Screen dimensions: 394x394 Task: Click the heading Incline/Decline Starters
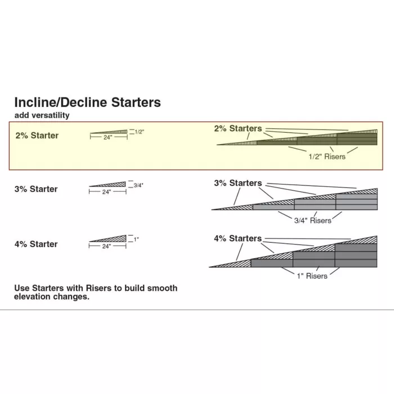pyautogui.click(x=87, y=102)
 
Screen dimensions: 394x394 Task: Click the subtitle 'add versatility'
pyautogui.click(x=42, y=115)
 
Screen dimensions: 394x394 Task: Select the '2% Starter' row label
pyautogui.click(x=37, y=136)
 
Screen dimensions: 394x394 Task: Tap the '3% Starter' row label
pyautogui.click(x=36, y=189)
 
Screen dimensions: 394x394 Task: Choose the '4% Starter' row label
pyautogui.click(x=36, y=244)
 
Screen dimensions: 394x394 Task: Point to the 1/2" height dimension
pyautogui.click(x=140, y=131)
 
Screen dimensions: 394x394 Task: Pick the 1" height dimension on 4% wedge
pyautogui.click(x=136, y=240)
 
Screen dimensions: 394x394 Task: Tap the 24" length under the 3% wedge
pyautogui.click(x=106, y=192)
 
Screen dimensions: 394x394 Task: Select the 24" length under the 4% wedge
pyautogui.click(x=106, y=246)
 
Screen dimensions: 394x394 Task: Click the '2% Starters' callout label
pyautogui.click(x=238, y=129)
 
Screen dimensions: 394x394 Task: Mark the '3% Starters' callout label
pyautogui.click(x=238, y=183)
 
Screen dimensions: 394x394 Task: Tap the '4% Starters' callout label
pyautogui.click(x=238, y=239)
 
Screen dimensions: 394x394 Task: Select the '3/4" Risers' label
pyautogui.click(x=314, y=221)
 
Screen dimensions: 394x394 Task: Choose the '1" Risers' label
pyautogui.click(x=312, y=276)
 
